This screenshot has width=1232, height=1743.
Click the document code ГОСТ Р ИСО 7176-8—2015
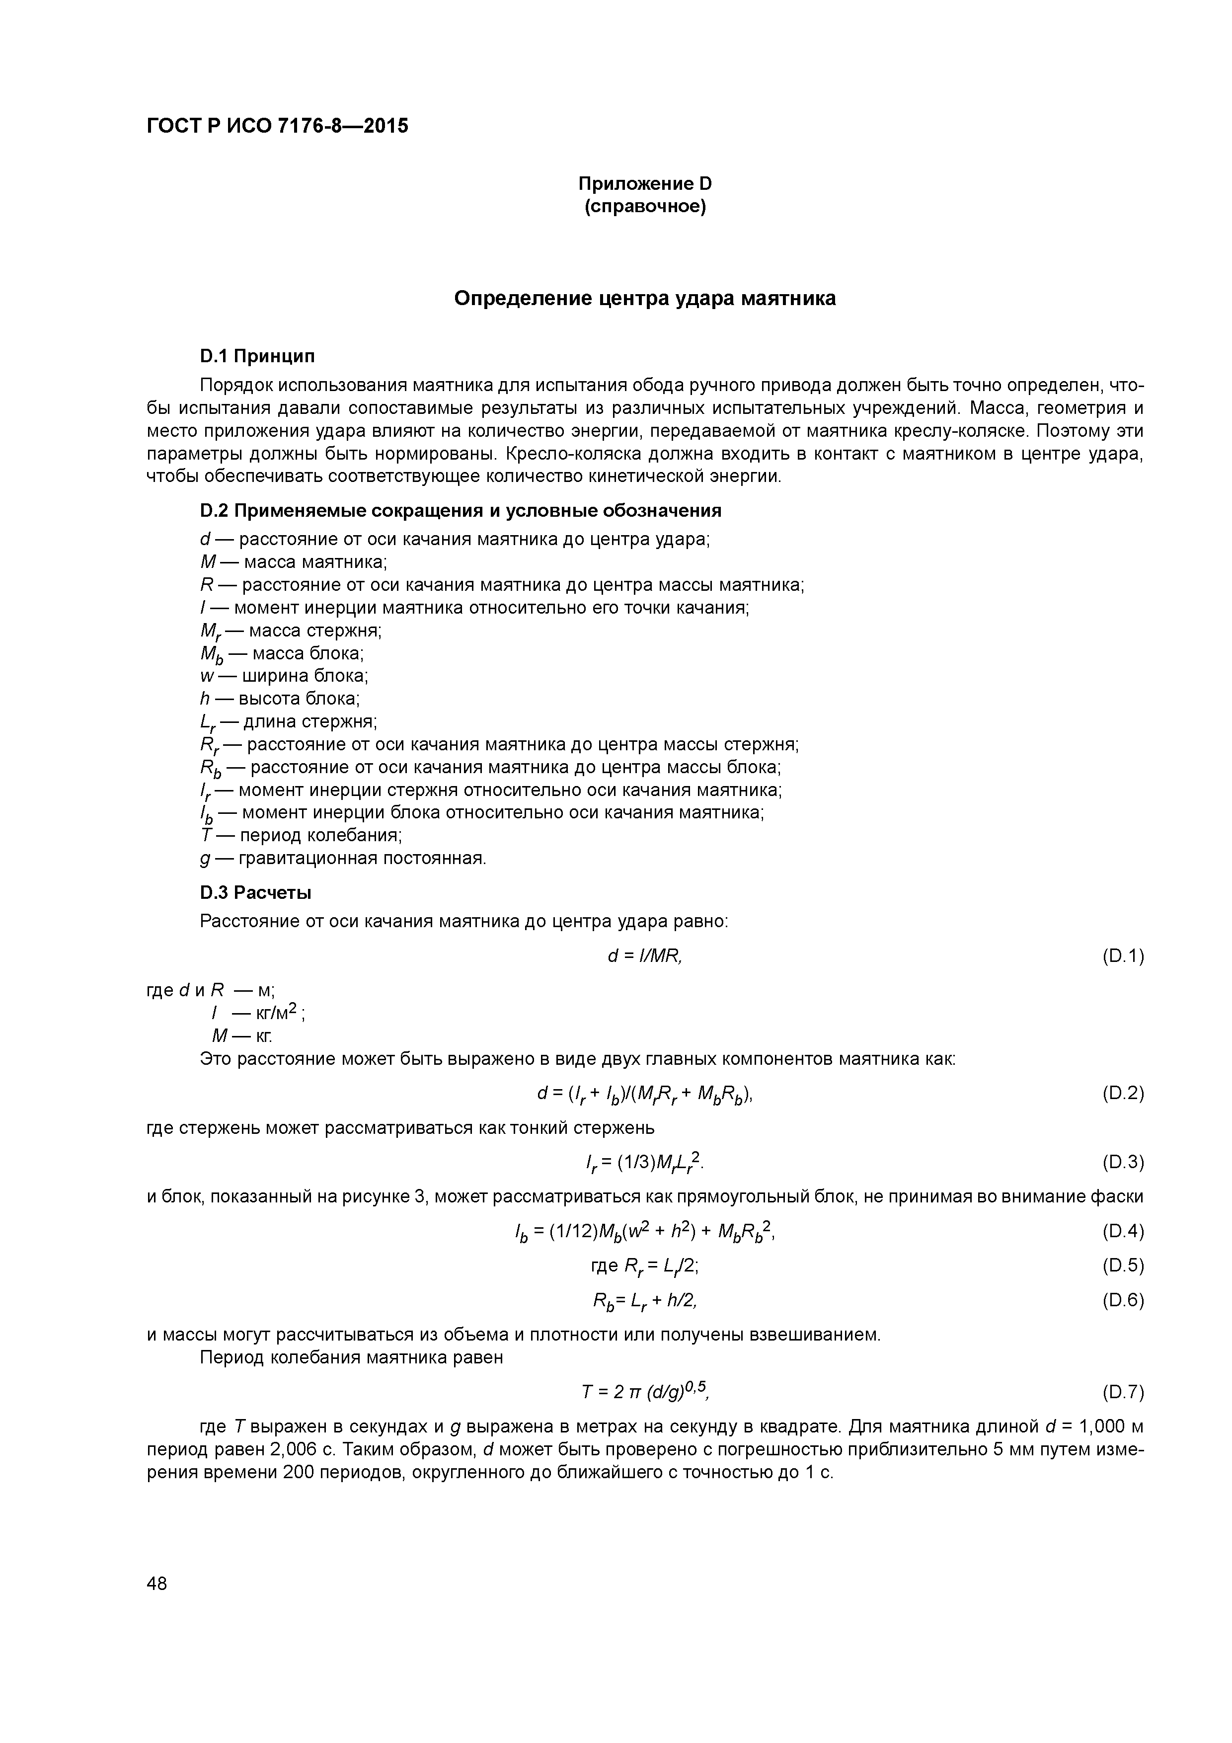coord(277,126)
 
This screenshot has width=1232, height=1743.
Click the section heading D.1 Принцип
coord(257,356)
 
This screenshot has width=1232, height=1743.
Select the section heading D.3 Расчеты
coord(256,893)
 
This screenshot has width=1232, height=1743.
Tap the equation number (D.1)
coord(1122,956)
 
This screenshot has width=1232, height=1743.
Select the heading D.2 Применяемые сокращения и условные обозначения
coord(460,511)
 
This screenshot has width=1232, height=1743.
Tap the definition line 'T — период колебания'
coord(301,836)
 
